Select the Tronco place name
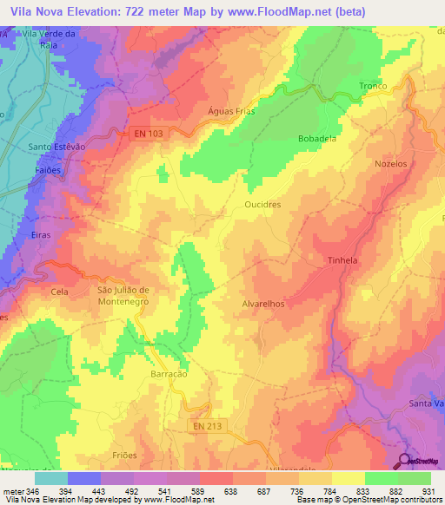coord(374,85)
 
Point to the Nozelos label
coord(389,163)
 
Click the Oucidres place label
coord(262,205)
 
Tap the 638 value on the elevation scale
coord(230,491)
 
